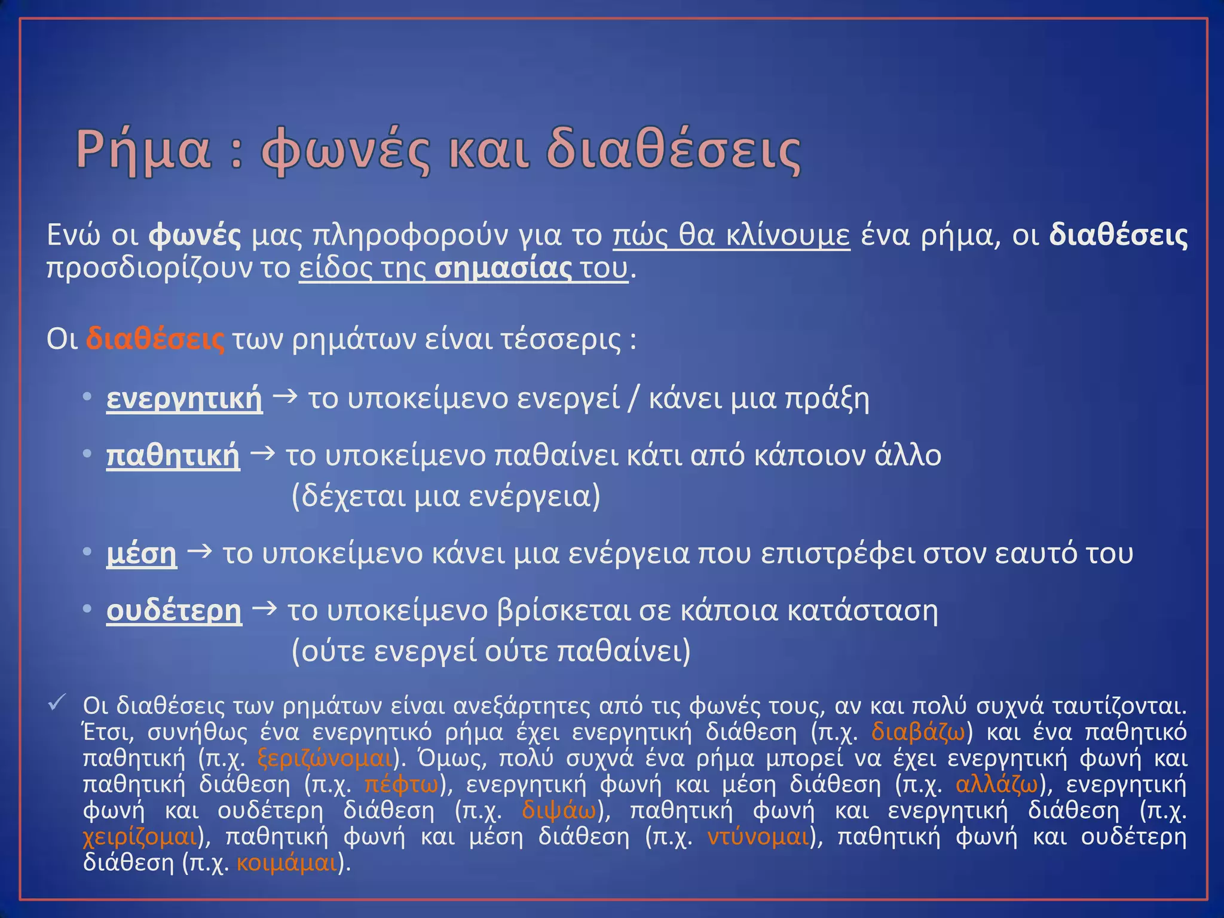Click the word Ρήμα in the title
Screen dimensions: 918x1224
click(143, 150)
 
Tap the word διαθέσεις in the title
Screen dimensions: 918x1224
click(674, 150)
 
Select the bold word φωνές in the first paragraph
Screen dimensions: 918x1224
click(195, 235)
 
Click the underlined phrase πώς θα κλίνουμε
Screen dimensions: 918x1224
click(731, 235)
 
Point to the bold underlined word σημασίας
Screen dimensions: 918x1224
click(503, 268)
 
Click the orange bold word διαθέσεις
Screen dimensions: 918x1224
click(155, 339)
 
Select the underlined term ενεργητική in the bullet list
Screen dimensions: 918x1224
click(184, 399)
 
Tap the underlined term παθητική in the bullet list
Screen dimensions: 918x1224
click(173, 456)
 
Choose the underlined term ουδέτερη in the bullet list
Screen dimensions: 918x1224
click(174, 611)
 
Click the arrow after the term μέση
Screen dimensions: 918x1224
click(200, 552)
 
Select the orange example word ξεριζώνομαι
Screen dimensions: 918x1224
click(325, 758)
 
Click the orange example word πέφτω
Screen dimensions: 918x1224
click(402, 784)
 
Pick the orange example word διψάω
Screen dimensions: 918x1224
click(559, 810)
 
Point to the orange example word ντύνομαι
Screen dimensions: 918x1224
click(758, 836)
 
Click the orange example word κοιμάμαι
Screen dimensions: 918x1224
click(287, 862)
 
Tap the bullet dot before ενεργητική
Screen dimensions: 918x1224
click(87, 397)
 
